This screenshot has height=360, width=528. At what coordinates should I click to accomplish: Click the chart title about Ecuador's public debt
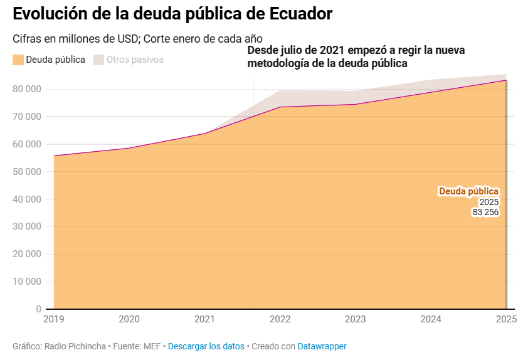(x=172, y=14)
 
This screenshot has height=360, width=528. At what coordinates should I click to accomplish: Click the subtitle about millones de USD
(x=137, y=38)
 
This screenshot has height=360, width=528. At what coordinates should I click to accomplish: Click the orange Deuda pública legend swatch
(x=18, y=60)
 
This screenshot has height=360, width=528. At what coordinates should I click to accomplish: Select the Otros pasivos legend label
(x=135, y=60)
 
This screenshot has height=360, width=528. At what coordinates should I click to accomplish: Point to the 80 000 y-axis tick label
(x=27, y=89)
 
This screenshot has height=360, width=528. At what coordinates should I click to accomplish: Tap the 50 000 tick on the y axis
(x=27, y=171)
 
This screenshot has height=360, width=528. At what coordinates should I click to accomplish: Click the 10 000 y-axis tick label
(x=27, y=282)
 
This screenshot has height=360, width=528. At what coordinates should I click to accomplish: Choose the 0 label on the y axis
(x=38, y=309)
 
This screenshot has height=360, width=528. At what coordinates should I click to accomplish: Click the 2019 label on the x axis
(x=54, y=319)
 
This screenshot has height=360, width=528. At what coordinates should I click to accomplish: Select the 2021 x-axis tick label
(x=204, y=319)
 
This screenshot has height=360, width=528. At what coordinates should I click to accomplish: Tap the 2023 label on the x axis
(x=356, y=319)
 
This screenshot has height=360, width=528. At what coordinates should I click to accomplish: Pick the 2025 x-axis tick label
(x=505, y=319)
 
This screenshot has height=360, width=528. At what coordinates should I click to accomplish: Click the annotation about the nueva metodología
(x=356, y=56)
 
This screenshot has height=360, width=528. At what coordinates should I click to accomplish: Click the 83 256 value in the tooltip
(x=485, y=213)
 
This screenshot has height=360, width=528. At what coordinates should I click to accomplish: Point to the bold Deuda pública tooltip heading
(x=468, y=191)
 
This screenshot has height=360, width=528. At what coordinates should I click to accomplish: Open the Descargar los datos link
(x=206, y=346)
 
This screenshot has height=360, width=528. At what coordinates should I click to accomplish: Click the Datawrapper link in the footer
(x=322, y=346)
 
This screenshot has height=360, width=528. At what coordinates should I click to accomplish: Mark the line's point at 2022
(x=280, y=107)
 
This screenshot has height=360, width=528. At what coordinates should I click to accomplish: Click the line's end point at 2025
(x=505, y=80)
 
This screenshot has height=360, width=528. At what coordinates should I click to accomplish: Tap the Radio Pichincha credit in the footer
(x=76, y=346)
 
